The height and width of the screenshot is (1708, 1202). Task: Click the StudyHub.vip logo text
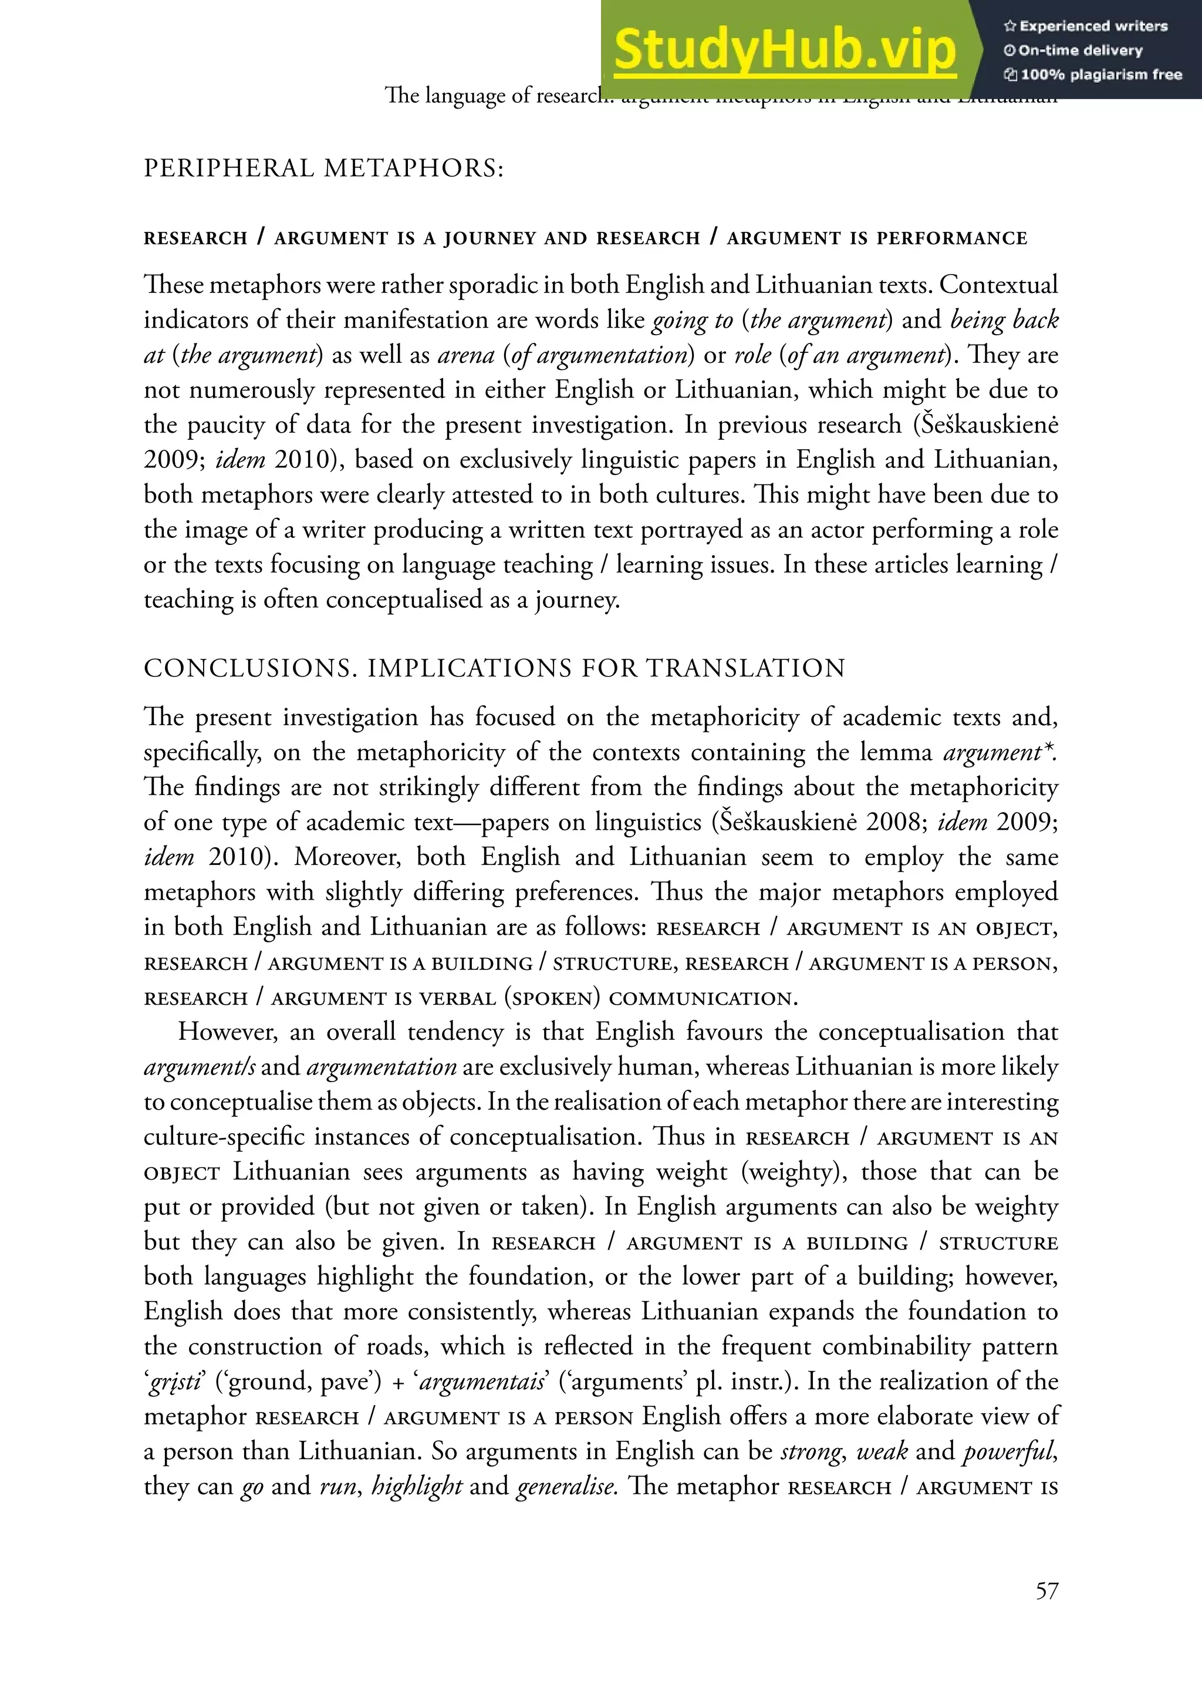point(785,49)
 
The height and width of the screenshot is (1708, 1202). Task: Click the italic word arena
point(465,355)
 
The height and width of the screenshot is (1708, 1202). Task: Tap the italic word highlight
point(417,1486)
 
